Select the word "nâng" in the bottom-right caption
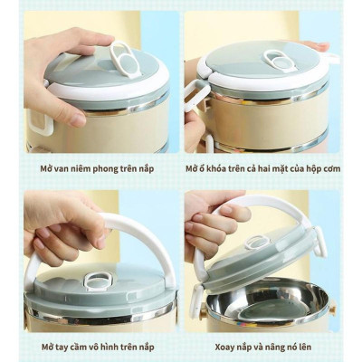[x=281, y=346]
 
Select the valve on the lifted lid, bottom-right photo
[x=258, y=243]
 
